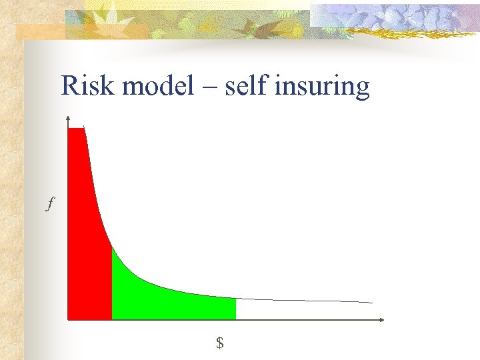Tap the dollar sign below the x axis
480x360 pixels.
tap(219, 343)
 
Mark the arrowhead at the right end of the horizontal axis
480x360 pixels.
tap(381, 320)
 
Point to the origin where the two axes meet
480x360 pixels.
tap(68, 320)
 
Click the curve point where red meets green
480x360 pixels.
tap(111, 247)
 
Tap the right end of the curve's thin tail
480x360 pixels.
tap(371, 303)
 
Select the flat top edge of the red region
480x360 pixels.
tap(76, 128)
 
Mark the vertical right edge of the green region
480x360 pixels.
tap(236, 309)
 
